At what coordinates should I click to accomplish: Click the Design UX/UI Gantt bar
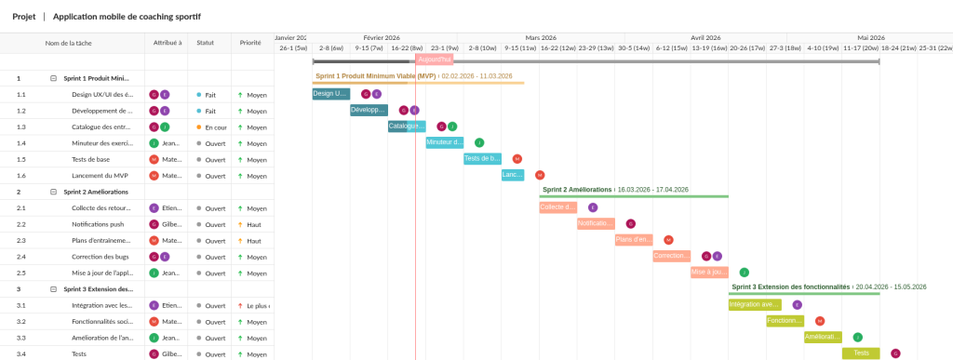click(330, 94)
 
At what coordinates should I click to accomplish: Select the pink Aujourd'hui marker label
click(434, 60)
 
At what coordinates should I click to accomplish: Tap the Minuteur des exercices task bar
click(444, 142)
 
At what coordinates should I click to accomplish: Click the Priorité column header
click(250, 43)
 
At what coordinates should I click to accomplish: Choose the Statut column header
click(205, 43)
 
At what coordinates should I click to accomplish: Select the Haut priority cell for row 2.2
click(253, 224)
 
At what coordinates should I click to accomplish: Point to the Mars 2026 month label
click(540, 37)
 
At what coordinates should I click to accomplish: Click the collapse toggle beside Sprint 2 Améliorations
click(53, 192)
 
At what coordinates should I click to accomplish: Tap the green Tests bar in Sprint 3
click(861, 353)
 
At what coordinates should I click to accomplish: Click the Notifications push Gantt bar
click(596, 224)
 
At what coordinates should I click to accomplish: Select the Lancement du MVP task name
click(101, 175)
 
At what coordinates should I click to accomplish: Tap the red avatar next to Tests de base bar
click(517, 159)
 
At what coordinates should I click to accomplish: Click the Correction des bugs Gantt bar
click(671, 256)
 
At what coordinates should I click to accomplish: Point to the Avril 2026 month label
click(713, 37)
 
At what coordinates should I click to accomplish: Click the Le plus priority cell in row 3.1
click(253, 305)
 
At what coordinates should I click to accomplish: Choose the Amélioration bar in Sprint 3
click(823, 337)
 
